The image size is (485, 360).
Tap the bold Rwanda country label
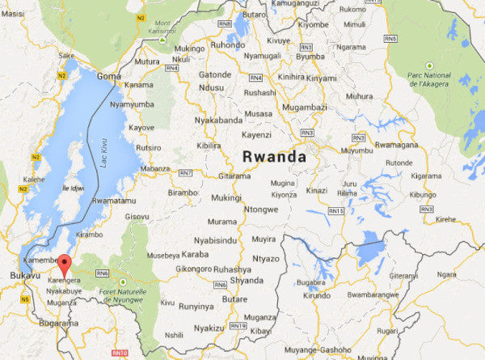pyautogui.click(x=276, y=155)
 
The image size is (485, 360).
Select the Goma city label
pyautogui.click(x=109, y=75)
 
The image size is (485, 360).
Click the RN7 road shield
pyautogui.click(x=186, y=173)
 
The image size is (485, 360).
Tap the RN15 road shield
pyautogui.click(x=336, y=211)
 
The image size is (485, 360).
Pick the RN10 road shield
pyautogui.click(x=121, y=353)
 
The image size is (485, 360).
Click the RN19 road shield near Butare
pyautogui.click(x=237, y=325)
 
